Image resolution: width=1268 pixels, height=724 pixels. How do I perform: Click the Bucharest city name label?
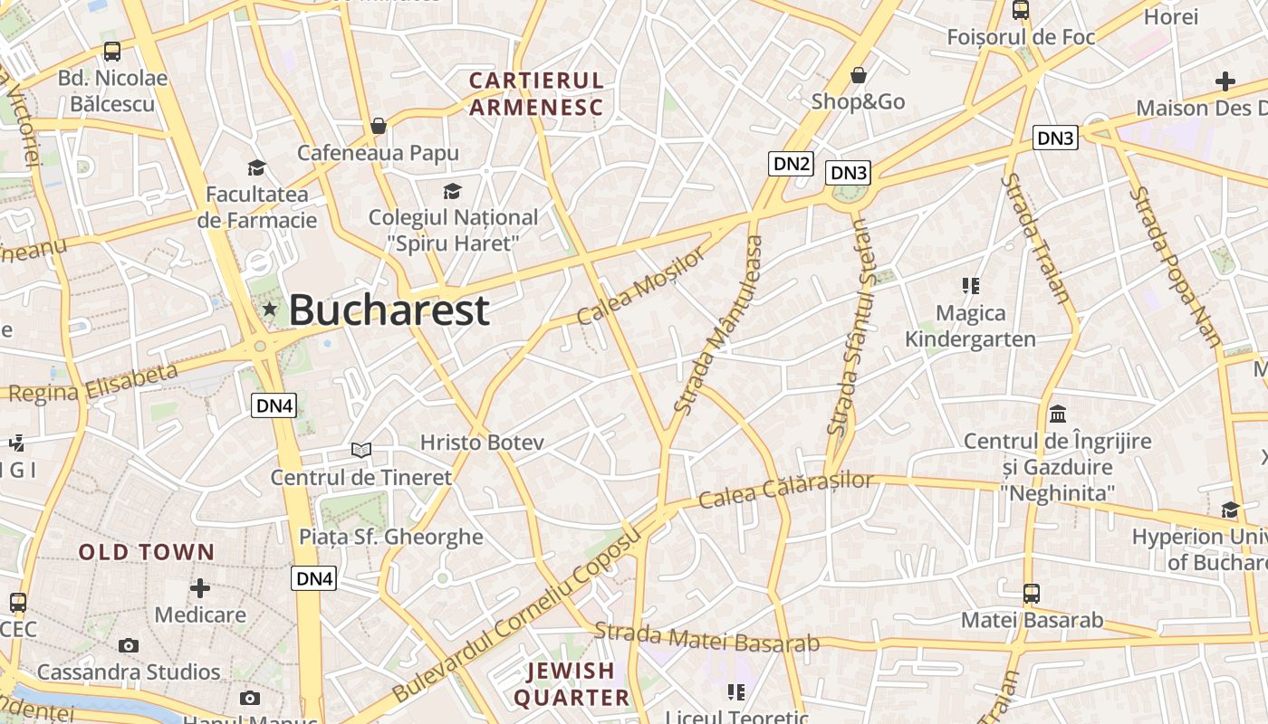click(x=389, y=310)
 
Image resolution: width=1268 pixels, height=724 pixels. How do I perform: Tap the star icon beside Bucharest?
click(x=269, y=310)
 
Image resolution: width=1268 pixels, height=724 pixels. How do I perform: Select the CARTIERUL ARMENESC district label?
click(x=536, y=94)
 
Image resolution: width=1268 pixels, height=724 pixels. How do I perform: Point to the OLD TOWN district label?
click(x=147, y=552)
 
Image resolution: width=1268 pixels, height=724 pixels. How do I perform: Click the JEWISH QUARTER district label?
click(x=572, y=684)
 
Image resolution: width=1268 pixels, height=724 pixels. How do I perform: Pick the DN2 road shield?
click(x=791, y=164)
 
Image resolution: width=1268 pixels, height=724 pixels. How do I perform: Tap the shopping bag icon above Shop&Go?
click(x=858, y=75)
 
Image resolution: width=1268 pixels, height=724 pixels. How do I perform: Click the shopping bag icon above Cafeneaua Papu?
click(x=379, y=126)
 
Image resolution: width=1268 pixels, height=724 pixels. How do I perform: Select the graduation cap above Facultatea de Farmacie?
click(x=257, y=167)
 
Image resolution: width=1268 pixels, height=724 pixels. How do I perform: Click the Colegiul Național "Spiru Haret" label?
click(x=453, y=230)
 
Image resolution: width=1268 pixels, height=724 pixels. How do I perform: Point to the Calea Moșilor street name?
click(x=640, y=287)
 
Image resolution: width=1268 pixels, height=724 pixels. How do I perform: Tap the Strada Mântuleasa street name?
click(x=719, y=325)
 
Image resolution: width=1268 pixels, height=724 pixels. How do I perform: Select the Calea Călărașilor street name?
click(x=786, y=491)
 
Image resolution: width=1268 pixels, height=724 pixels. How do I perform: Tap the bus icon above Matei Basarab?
click(x=1031, y=594)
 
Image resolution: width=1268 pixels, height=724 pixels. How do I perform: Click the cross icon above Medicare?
click(x=200, y=588)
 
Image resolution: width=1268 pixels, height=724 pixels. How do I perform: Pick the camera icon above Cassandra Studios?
click(x=129, y=645)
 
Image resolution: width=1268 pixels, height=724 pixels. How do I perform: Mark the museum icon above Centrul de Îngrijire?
click(x=1057, y=414)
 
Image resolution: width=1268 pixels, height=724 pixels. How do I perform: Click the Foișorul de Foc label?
click(x=1021, y=37)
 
